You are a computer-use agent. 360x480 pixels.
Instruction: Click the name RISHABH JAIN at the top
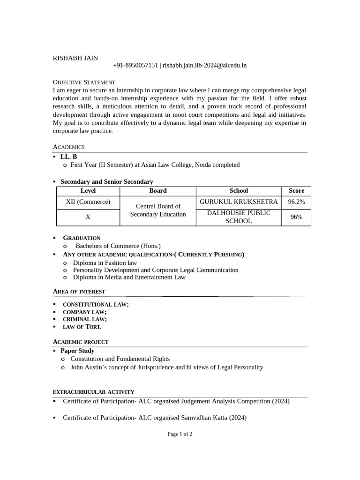[x=75, y=58]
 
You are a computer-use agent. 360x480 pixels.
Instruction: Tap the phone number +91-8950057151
[x=135, y=66]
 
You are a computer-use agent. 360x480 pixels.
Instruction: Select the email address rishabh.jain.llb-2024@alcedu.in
[x=204, y=66]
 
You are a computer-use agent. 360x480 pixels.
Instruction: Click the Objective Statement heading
[x=84, y=82]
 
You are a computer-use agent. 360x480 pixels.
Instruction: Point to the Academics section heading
[x=69, y=147]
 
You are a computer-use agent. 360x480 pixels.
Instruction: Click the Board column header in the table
[x=157, y=191]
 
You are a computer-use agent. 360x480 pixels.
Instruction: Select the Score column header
[x=296, y=191]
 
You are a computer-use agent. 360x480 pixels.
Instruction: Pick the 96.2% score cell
[x=296, y=202]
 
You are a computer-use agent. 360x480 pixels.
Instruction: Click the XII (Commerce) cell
[x=88, y=202]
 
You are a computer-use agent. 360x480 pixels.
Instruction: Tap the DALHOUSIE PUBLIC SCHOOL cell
[x=239, y=217]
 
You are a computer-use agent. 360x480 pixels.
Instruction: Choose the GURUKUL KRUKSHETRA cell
[x=239, y=202]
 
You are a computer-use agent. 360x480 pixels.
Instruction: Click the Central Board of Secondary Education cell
[x=157, y=210]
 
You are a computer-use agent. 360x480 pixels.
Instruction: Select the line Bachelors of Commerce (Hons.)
[x=118, y=246]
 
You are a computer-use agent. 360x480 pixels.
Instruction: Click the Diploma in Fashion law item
[x=105, y=263]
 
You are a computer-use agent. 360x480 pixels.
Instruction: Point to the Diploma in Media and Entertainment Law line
[x=129, y=277]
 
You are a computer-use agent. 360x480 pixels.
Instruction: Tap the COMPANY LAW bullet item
[x=85, y=312]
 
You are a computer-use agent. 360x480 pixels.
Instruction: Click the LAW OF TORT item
[x=82, y=327]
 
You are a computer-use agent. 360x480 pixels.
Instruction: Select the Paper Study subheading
[x=77, y=351]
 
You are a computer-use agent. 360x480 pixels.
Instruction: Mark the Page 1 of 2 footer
[x=180, y=434]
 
